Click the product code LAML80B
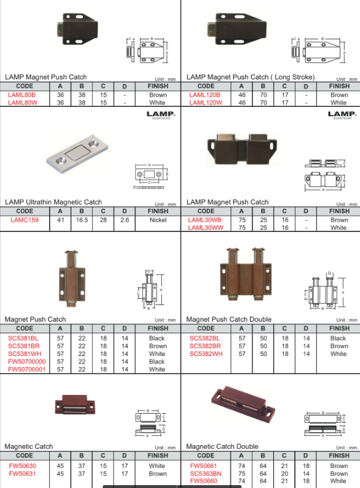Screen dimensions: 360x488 pos(22,95)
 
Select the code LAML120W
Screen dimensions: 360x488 pos(206,103)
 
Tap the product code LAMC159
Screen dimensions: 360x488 pos(25,220)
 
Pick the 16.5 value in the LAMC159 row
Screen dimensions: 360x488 pos(82,220)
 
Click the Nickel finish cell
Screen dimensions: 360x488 pos(158,220)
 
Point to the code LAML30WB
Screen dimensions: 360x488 pos(206,220)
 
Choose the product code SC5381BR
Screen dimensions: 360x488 pos(23,346)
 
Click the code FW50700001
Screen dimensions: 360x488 pos(27,369)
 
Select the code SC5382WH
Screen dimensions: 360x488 pos(206,354)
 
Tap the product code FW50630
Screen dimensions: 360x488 pos(22,466)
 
